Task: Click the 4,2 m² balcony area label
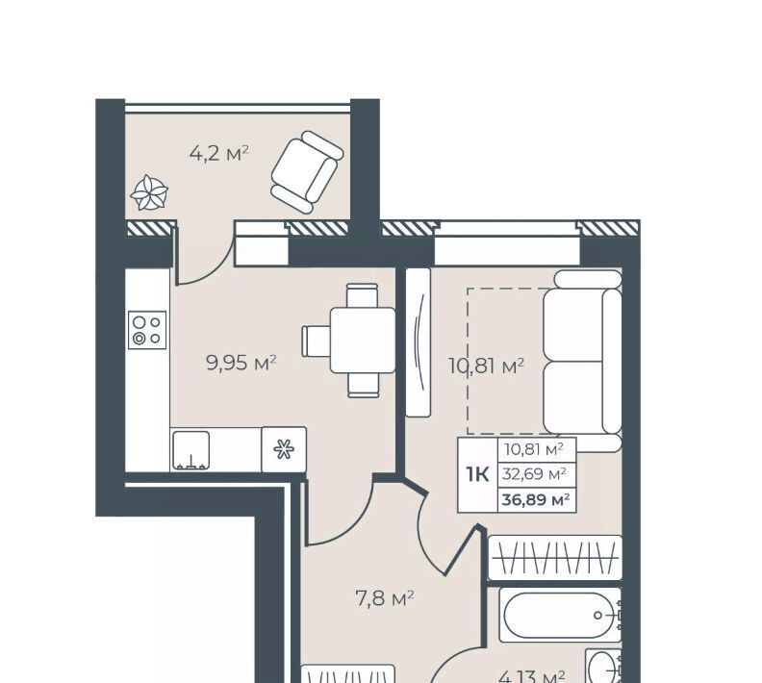[x=218, y=154]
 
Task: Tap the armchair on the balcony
[x=307, y=172]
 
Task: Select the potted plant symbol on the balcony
[x=149, y=193]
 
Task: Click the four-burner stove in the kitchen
[x=147, y=330]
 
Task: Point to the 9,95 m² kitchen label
[x=241, y=363]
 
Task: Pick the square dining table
[x=363, y=340]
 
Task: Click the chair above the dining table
[x=362, y=295]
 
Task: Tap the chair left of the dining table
[x=316, y=341]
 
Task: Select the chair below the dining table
[x=363, y=385]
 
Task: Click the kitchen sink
[x=191, y=450]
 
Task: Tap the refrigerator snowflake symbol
[x=284, y=449]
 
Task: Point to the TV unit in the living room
[x=418, y=342]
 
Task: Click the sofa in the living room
[x=583, y=361]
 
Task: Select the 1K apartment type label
[x=478, y=474]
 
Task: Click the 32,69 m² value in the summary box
[x=534, y=473]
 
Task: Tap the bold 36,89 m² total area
[x=536, y=499]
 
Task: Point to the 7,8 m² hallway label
[x=385, y=598]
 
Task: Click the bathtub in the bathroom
[x=560, y=615]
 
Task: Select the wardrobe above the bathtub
[x=555, y=558]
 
